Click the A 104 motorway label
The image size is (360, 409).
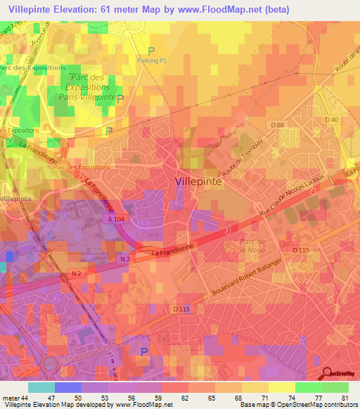point(118,219)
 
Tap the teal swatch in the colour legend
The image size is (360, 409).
point(41,387)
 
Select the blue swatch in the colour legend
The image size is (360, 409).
point(68,387)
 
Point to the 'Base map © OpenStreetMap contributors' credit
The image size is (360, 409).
point(298,405)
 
